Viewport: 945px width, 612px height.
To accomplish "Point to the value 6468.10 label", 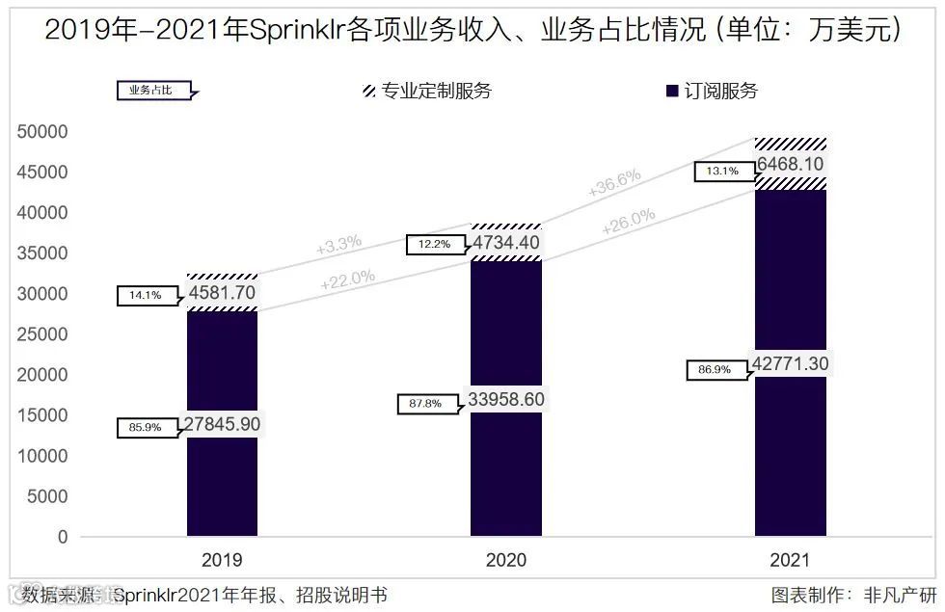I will coord(790,165).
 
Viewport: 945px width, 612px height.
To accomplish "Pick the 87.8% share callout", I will coord(425,404).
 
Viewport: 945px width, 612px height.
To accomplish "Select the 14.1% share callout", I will coord(145,296).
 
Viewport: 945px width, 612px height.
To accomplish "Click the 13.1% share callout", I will coord(722,172).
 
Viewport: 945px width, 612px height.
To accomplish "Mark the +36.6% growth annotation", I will coord(614,183).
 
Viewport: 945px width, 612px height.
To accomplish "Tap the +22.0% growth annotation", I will coord(347,279).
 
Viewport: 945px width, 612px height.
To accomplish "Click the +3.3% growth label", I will coord(338,244).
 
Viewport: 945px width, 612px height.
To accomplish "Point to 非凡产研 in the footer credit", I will coord(901,594).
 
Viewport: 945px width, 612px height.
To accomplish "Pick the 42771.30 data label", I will coord(791,363).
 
